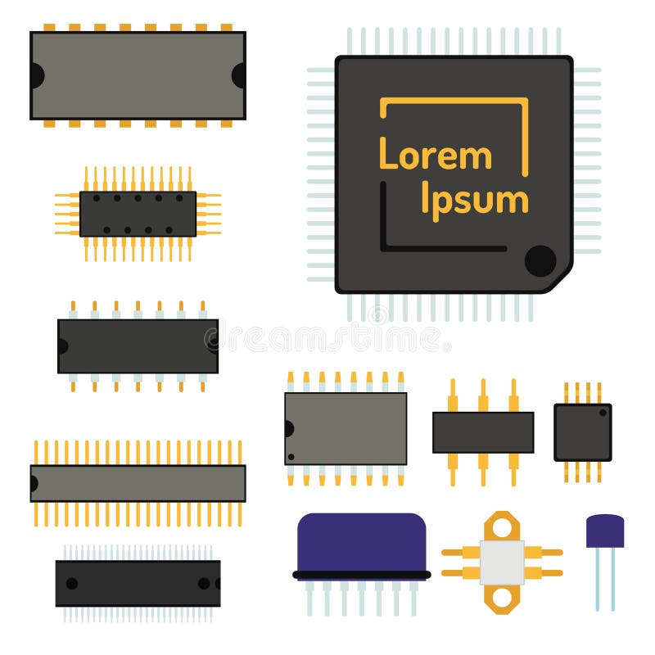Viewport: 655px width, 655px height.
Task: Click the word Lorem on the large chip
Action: [x=435, y=155]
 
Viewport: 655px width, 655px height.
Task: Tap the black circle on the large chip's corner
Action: [x=540, y=260]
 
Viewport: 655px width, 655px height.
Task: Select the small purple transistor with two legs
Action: [x=605, y=531]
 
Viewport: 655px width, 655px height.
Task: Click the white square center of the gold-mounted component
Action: [x=502, y=562]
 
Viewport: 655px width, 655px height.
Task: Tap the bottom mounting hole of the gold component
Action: [x=502, y=603]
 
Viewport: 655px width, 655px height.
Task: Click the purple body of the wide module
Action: [x=361, y=541]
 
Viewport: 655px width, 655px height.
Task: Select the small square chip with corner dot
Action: [x=582, y=431]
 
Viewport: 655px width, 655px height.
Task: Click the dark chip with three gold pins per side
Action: [x=483, y=432]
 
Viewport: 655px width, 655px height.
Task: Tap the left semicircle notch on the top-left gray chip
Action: [x=36, y=75]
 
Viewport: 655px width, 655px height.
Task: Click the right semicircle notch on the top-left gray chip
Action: [x=239, y=75]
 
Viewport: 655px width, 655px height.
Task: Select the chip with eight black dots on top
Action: [x=138, y=214]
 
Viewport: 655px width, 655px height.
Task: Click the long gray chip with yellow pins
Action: [x=138, y=483]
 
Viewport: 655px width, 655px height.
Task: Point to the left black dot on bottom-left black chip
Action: [x=72, y=583]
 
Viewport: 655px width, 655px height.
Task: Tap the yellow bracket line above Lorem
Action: [x=454, y=101]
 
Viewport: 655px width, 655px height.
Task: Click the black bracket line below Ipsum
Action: [x=443, y=247]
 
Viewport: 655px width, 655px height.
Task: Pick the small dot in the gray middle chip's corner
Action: [x=291, y=457]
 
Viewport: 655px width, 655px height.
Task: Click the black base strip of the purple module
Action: [x=361, y=575]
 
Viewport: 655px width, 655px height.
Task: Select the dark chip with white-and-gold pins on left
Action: [x=138, y=346]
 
